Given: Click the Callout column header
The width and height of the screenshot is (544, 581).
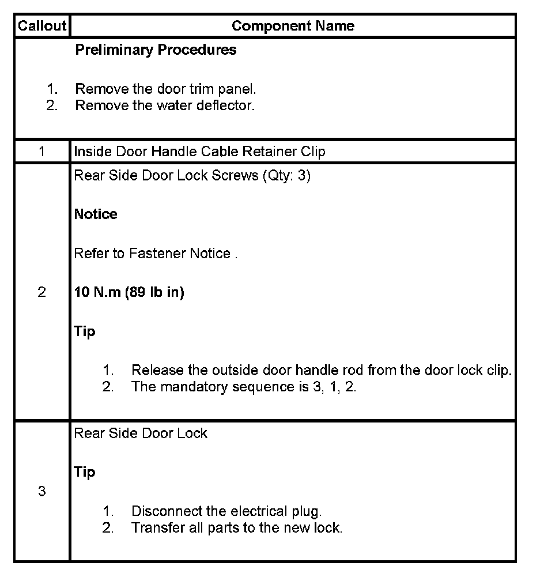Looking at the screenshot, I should [42, 26].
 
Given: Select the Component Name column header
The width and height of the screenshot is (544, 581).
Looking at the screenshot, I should [293, 26].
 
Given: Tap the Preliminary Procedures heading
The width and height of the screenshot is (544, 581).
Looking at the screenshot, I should [156, 50].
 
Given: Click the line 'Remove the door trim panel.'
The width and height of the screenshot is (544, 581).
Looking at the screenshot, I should [165, 89].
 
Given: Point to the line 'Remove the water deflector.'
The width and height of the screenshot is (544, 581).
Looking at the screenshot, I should [165, 105].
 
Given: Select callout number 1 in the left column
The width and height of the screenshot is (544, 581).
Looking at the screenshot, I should [41, 152].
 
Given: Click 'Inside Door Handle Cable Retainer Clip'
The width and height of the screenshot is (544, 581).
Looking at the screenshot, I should [199, 152].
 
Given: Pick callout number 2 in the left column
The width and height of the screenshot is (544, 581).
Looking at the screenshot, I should [41, 292].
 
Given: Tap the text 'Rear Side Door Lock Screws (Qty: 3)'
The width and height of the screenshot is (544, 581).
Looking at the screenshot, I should [192, 176].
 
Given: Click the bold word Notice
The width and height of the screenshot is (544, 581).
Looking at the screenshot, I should [96, 214].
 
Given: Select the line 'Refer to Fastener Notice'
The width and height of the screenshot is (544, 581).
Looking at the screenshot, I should [155, 254].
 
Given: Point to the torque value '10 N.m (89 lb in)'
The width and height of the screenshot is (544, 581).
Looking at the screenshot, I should [129, 292].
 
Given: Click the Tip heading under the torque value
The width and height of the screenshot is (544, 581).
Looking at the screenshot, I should [85, 331].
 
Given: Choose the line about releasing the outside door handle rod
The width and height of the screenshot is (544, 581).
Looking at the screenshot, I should [321, 370].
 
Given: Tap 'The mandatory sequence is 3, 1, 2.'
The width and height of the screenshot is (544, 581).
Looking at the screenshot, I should [244, 387].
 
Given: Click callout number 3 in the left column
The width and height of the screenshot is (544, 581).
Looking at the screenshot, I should [41, 492].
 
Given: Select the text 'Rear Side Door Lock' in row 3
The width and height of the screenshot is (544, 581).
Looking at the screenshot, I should [141, 433].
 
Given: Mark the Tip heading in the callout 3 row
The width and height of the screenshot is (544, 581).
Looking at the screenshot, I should [85, 472].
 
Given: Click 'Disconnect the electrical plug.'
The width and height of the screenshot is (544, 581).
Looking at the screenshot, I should [226, 511].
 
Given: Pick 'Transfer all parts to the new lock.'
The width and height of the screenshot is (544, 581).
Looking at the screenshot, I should [236, 527].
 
